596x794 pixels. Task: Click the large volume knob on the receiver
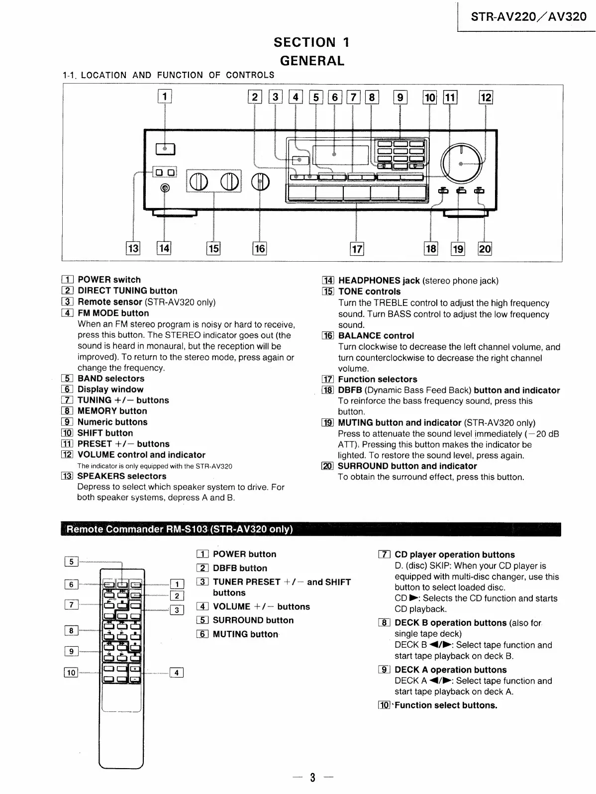click(x=461, y=164)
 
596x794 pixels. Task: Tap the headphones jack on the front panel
click(x=165, y=188)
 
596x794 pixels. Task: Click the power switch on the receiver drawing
click(x=165, y=148)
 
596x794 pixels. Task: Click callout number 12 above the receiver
click(x=485, y=98)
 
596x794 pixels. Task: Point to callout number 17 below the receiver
click(x=357, y=248)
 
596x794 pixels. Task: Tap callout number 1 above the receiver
click(x=165, y=96)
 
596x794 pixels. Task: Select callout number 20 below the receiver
click(x=485, y=248)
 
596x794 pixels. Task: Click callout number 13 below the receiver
click(x=133, y=248)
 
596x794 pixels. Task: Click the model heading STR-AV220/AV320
click(x=529, y=17)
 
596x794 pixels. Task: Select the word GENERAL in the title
click(x=312, y=61)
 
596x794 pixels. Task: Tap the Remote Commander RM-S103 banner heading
click(x=180, y=529)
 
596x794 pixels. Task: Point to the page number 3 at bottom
click(x=312, y=778)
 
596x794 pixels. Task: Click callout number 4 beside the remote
click(x=177, y=673)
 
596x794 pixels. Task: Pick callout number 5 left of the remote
click(x=71, y=562)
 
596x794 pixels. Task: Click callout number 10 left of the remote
click(x=71, y=673)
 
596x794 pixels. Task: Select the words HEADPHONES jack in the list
click(x=379, y=281)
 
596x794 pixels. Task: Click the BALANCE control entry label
click(x=376, y=336)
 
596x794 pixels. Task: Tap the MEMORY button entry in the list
click(x=112, y=411)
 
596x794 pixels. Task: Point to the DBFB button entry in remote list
click(x=240, y=568)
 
